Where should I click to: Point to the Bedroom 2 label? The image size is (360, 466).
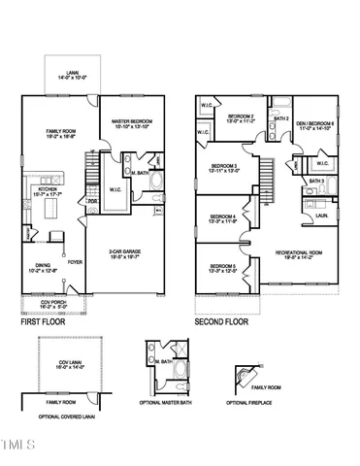(x=239, y=117)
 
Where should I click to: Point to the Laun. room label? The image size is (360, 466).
(x=319, y=216)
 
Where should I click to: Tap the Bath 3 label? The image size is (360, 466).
(x=316, y=181)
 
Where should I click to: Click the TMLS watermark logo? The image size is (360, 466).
(x=17, y=447)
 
